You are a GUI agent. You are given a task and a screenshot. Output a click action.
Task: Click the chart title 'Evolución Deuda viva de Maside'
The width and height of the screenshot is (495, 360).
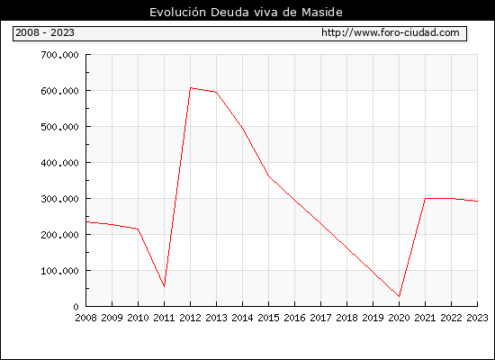coord(246,12)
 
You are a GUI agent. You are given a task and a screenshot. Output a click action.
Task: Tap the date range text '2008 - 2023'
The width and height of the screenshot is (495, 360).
coord(45,32)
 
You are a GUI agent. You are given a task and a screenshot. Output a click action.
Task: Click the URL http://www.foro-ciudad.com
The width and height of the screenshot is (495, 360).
coord(391,32)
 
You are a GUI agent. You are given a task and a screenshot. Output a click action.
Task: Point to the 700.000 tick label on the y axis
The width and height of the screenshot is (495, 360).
coord(59,55)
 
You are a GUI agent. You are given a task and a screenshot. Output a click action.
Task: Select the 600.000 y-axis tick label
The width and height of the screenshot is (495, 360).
coord(59,91)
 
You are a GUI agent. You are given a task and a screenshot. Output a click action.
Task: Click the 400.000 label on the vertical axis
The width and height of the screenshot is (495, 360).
coord(59,163)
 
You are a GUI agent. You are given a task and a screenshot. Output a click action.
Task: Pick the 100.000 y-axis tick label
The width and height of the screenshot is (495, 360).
coord(59,271)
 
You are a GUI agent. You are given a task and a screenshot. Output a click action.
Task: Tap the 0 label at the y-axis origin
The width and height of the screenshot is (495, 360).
coord(76,307)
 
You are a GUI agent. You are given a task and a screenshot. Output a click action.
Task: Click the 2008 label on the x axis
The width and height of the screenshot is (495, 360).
coord(85,318)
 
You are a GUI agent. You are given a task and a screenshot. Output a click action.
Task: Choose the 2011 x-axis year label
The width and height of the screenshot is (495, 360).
coord(164,318)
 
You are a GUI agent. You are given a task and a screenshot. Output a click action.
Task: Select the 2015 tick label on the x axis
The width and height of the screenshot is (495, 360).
coord(269,318)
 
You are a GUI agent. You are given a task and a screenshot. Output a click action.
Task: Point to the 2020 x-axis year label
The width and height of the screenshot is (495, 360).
coord(399,318)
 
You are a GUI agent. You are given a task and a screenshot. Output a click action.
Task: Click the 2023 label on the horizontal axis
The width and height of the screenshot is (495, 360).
coord(477,318)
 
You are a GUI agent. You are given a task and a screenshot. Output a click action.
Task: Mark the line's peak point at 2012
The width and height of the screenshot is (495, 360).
coord(191,88)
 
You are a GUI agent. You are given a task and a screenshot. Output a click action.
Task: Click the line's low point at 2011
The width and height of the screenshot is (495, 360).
coord(164,286)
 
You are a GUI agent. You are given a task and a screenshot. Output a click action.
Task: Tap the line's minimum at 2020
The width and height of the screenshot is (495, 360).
coord(399,296)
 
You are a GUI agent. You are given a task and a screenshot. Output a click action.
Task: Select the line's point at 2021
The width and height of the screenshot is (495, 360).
coord(425,198)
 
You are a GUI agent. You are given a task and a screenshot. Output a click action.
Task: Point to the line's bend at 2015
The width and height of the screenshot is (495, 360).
coord(269,175)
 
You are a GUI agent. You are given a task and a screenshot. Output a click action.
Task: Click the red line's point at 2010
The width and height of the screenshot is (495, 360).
coord(138,229)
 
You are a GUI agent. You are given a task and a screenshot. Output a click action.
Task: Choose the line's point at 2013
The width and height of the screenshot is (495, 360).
coord(217,92)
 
